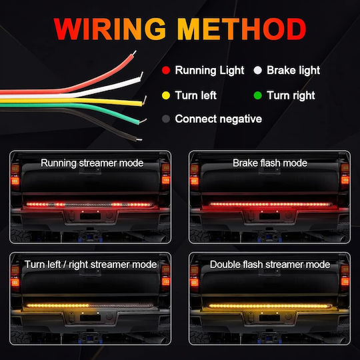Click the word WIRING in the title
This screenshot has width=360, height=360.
tap(110, 29)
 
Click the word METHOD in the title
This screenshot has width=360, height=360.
tap(242, 29)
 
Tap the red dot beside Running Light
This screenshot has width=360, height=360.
tap(166, 70)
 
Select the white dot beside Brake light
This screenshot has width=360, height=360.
tap(257, 70)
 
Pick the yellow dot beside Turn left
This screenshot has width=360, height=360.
tap(166, 95)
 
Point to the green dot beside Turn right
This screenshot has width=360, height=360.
tap(257, 95)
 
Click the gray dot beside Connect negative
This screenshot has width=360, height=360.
tap(166, 119)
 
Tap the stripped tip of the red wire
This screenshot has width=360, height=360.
tap(134, 53)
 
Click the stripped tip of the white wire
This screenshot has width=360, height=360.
tap(141, 75)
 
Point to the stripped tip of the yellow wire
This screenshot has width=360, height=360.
tap(145, 101)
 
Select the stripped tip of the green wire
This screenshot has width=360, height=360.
tap(143, 121)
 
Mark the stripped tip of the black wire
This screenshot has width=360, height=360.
tap(139, 139)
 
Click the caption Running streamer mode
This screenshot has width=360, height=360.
tap(92, 163)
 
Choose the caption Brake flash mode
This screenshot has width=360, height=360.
tap(270, 163)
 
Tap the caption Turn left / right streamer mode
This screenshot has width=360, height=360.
tap(91, 265)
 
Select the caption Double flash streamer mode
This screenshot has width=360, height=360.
tap(270, 265)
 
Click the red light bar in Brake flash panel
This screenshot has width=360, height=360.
tap(270, 204)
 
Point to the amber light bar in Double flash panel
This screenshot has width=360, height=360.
tap(270, 306)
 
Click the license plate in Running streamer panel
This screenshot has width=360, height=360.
tap(90, 216)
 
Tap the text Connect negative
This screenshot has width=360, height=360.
tap(219, 119)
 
